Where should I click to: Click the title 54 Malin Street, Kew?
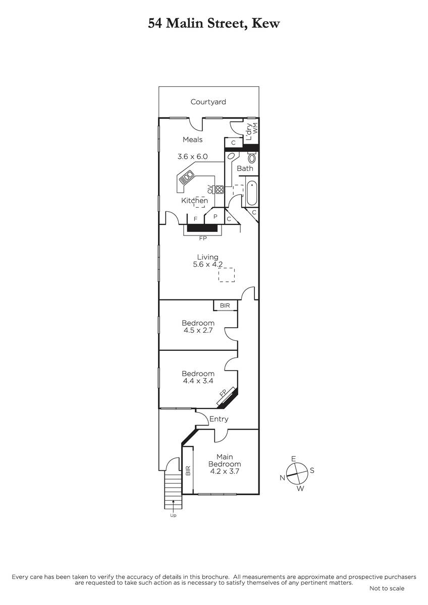pos(213,24)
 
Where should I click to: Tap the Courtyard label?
pos(208,102)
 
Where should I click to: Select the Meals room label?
pos(192,140)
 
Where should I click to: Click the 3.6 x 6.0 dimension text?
pos(192,156)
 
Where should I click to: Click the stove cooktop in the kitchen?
pos(219,190)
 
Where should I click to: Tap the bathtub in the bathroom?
pos(252,194)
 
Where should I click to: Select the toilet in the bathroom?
pos(252,157)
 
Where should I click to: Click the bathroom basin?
pos(232,156)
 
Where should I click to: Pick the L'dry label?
pos(249,132)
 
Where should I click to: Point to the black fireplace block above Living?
pos(202,228)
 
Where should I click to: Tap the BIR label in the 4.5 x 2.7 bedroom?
pos(225,306)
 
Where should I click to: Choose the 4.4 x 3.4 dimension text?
pos(198,381)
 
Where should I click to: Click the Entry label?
pos(219,419)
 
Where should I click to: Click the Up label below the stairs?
pos(173,516)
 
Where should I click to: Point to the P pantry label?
pos(216,217)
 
